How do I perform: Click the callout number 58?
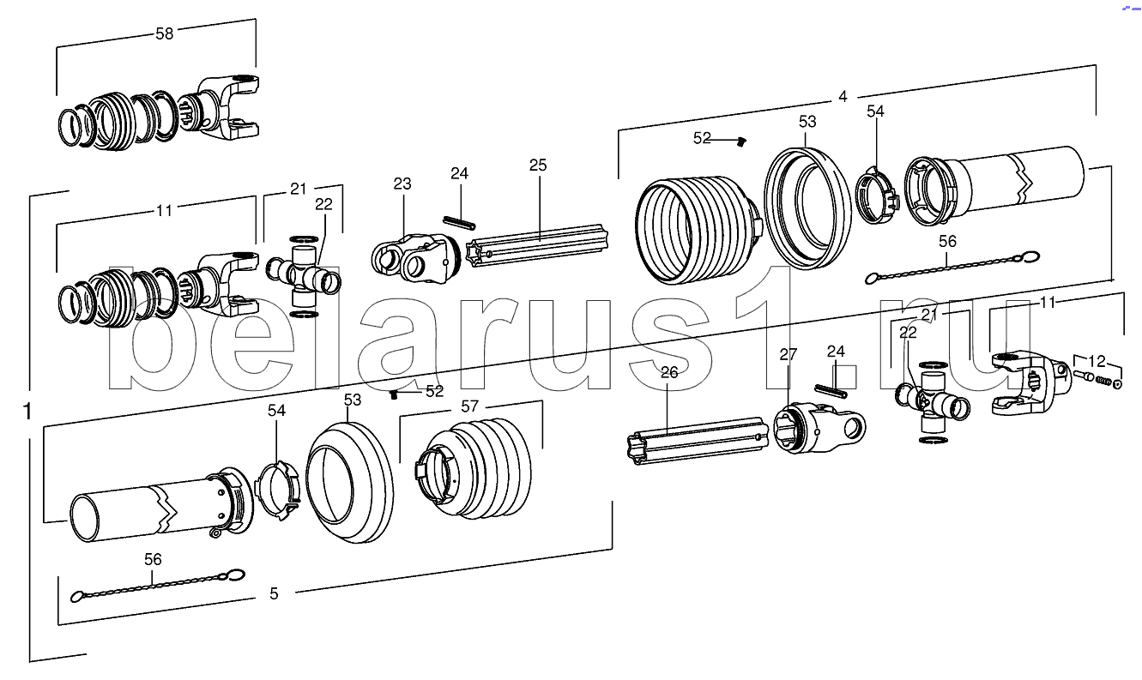165,33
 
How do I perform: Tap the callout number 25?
538,165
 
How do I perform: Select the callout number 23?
402,184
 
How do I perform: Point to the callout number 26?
669,373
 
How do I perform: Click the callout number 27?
788,354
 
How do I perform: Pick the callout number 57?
469,406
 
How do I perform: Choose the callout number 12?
1097,362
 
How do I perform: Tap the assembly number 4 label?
843,96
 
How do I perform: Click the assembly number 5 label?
274,593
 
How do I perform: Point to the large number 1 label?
28,412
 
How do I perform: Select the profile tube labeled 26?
697,441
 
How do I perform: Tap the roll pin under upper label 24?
459,222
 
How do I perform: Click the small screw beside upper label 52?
742,141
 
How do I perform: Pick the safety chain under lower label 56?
158,586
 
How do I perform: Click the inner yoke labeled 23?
415,258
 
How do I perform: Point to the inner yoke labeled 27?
819,427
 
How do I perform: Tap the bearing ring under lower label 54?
278,490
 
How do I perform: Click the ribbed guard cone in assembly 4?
698,229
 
